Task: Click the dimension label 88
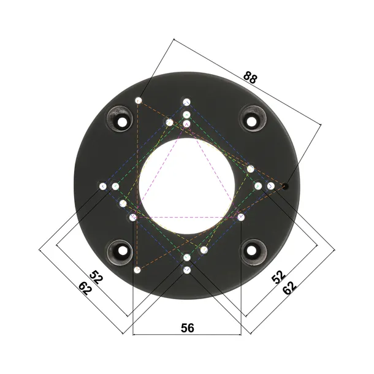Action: (251, 77)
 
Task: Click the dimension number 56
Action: (187, 328)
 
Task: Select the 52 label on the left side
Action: (96, 277)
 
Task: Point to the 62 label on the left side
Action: (85, 288)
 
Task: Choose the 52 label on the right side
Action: (278, 277)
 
